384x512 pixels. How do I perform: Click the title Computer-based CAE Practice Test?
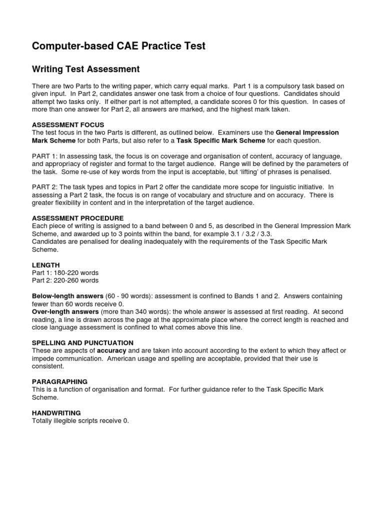[x=118, y=46]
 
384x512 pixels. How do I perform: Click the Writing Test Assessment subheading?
[x=85, y=69]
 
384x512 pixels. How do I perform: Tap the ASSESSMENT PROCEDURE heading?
[x=77, y=218]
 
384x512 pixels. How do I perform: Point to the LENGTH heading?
[x=46, y=264]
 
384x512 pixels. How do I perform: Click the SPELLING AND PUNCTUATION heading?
[x=82, y=342]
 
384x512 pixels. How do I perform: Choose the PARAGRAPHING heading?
[x=59, y=381]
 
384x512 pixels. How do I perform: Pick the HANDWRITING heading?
[x=56, y=413]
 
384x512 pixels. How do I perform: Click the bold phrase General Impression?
[x=307, y=132]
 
